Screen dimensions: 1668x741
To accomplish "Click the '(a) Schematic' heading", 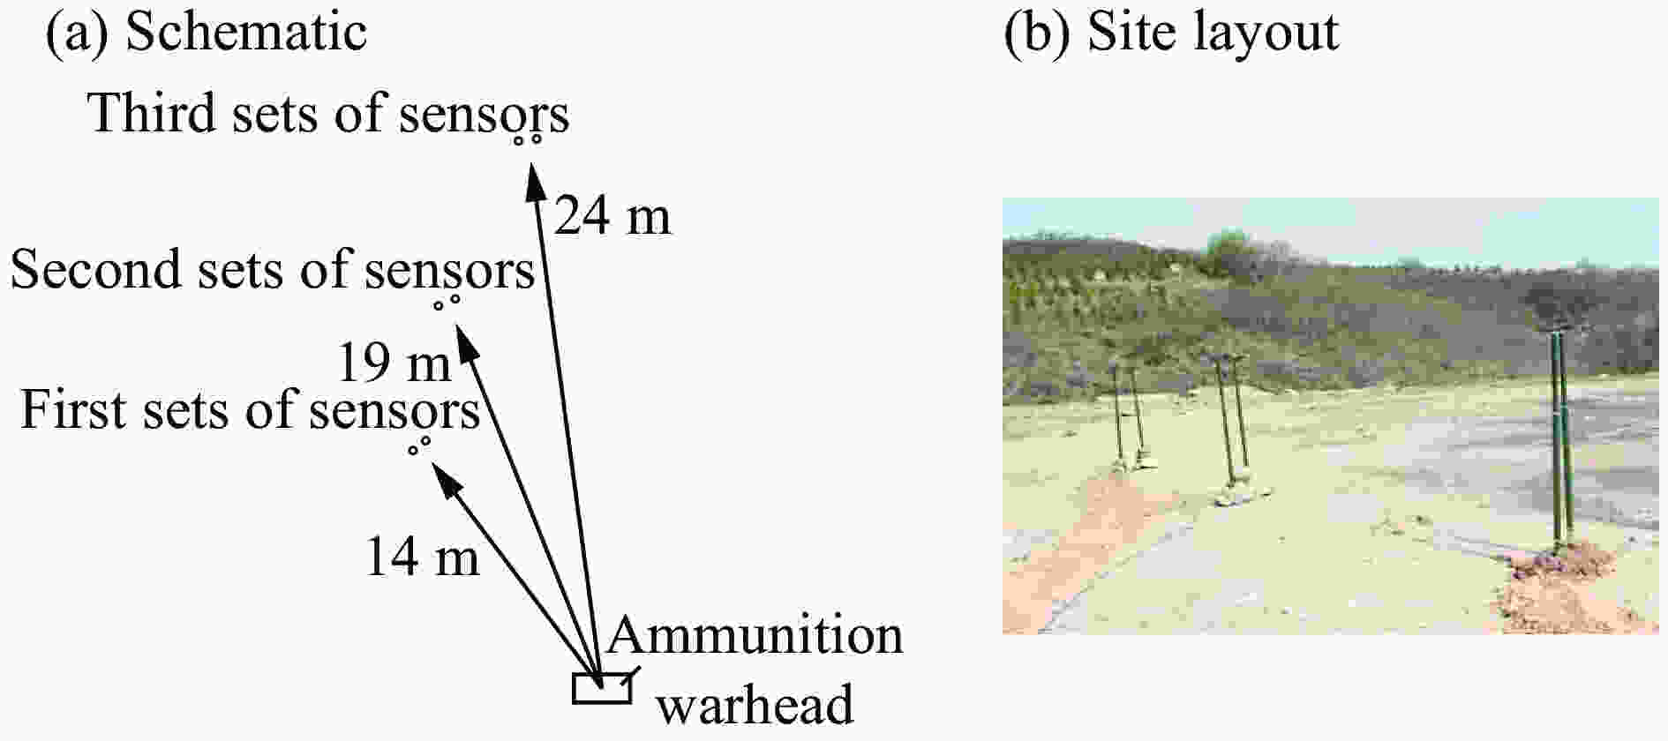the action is pyautogui.click(x=206, y=32).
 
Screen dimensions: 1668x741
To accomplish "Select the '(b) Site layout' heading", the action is pyautogui.click(x=1171, y=32).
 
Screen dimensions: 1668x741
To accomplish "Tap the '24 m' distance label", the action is pyautogui.click(x=612, y=216).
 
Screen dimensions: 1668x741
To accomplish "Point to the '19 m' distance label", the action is pyautogui.click(x=394, y=362).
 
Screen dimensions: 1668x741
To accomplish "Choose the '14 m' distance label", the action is pyautogui.click(x=422, y=557).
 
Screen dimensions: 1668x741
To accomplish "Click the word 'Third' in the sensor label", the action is pyautogui.click(x=153, y=113).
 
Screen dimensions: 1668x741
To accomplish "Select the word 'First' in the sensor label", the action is pyautogui.click(x=76, y=410).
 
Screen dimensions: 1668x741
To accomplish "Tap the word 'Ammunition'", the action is pyautogui.click(x=755, y=636).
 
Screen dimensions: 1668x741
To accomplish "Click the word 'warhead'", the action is pyautogui.click(x=756, y=705).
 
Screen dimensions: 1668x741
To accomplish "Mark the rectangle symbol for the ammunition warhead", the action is pyautogui.click(x=602, y=688).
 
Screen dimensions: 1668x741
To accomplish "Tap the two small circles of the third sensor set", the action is pyautogui.click(x=528, y=138).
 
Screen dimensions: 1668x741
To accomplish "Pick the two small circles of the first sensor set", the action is pyautogui.click(x=419, y=445).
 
